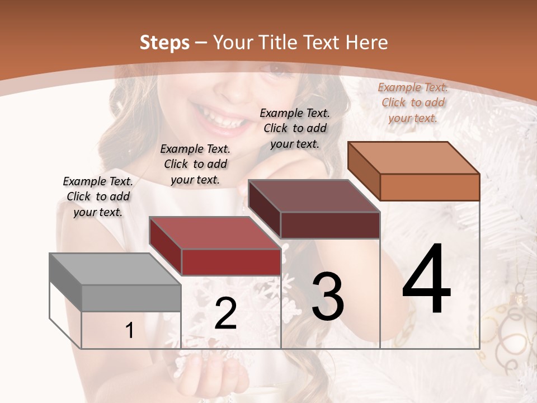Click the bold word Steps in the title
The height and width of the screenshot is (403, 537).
click(164, 43)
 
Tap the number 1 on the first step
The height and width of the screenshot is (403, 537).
click(130, 331)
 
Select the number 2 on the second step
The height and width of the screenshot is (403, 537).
click(225, 313)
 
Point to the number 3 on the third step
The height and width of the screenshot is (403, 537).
click(328, 297)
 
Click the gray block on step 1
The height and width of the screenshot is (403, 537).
click(115, 282)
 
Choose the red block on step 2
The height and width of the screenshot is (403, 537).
click(215, 246)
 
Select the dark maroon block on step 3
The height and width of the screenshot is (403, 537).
click(314, 209)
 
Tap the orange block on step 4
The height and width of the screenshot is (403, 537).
click(414, 171)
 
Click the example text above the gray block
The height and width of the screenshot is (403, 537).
click(98, 196)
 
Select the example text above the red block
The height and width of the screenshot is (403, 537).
click(195, 164)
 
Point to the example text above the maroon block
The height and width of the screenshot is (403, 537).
click(295, 128)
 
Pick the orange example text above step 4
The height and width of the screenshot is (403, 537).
click(413, 102)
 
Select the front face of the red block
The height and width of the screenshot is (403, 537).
click(231, 262)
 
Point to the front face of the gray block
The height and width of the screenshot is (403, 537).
click(131, 298)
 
